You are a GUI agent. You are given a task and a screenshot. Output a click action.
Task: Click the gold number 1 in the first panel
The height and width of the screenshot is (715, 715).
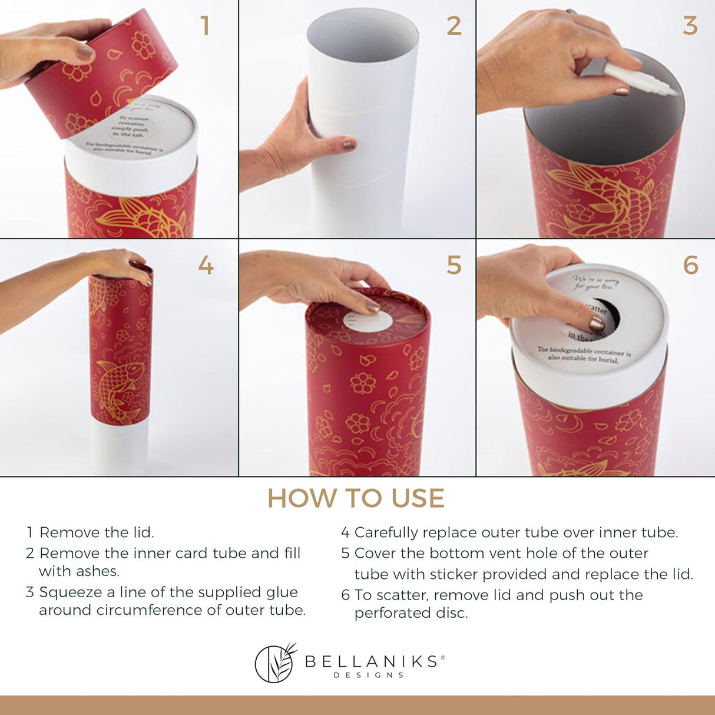pyautogui.click(x=204, y=26)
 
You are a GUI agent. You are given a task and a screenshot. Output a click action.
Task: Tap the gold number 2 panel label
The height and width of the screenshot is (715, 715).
pyautogui.click(x=454, y=26)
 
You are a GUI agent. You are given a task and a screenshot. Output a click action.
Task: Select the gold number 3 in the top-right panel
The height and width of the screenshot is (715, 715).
pyautogui.click(x=690, y=26)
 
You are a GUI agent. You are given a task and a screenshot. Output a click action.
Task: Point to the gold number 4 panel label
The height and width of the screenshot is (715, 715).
pyautogui.click(x=206, y=266)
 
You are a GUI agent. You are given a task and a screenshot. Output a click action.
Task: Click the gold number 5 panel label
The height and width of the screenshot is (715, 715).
pyautogui.click(x=454, y=266)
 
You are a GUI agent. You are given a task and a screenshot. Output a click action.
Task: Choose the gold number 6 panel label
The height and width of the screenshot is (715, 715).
pyautogui.click(x=690, y=266)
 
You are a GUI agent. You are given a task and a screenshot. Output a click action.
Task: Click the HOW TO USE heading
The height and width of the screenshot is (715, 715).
pyautogui.click(x=356, y=498)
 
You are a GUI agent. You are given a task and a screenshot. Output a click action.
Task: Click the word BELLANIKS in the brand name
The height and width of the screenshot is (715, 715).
pyautogui.click(x=371, y=661)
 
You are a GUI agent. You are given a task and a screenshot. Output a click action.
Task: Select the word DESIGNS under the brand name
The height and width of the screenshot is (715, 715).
pyautogui.click(x=369, y=675)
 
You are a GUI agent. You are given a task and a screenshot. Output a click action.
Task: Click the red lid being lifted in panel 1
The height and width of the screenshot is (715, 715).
pyautogui.click(x=112, y=77)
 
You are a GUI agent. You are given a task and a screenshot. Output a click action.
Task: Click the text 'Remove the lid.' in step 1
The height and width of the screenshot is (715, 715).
pyautogui.click(x=97, y=532)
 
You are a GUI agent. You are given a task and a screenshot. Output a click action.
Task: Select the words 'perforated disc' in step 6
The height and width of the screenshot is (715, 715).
pyautogui.click(x=411, y=613)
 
